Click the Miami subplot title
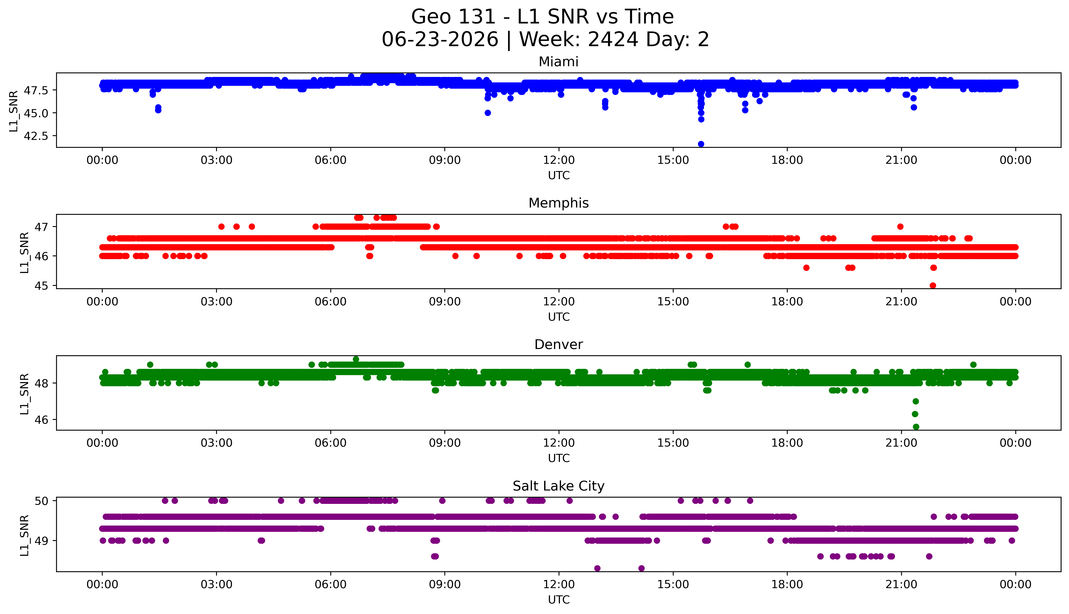tap(559, 62)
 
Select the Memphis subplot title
tap(559, 203)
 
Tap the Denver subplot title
tap(559, 345)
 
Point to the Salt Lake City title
tap(559, 486)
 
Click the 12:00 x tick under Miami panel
tap(559, 160)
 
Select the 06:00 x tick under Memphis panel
tap(331, 301)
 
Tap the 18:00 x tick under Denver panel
tap(787, 443)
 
